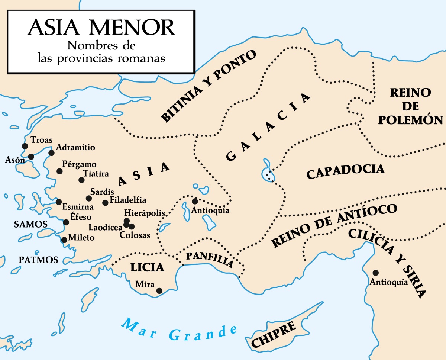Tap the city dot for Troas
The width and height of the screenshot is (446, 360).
(x=25, y=146)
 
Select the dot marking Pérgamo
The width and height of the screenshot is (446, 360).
(x=59, y=171)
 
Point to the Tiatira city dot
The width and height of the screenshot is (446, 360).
(x=81, y=180)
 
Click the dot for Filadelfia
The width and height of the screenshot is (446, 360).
(x=105, y=203)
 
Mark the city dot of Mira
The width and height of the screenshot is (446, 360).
(x=159, y=291)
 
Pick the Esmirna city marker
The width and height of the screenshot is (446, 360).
(x=59, y=202)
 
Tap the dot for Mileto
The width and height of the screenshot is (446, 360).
(x=64, y=240)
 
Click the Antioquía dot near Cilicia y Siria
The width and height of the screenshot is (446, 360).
(x=375, y=273)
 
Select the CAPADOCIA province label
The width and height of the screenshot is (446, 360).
(x=345, y=171)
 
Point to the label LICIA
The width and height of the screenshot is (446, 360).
(x=147, y=267)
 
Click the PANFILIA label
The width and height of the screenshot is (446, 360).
(x=210, y=260)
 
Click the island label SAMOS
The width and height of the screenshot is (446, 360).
(x=30, y=224)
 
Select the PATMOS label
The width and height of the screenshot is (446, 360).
(x=39, y=260)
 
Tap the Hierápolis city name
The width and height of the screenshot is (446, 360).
(x=149, y=213)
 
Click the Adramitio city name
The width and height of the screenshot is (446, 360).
(x=75, y=148)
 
